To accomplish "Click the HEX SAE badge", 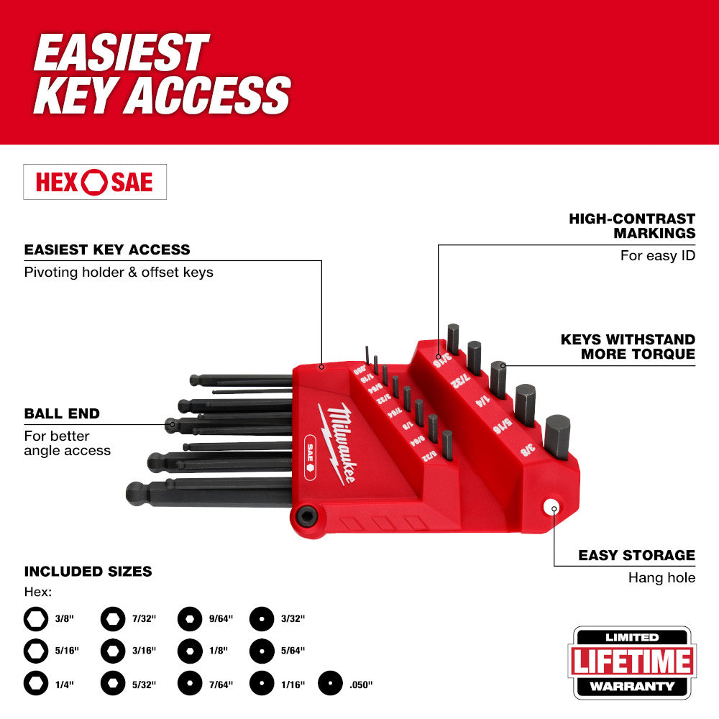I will (x=95, y=182).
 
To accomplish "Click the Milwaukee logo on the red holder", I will (x=342, y=442).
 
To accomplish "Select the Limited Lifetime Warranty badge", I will (x=633, y=662).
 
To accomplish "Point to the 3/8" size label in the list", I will (x=62, y=618).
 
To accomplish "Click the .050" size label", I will (x=362, y=684).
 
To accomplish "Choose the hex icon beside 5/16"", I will (x=35, y=650).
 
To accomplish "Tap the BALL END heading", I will (x=62, y=414).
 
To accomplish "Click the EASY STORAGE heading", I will (x=637, y=555).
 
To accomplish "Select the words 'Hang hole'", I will (x=661, y=577).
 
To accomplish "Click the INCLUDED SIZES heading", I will (x=88, y=572).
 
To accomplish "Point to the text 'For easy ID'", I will (x=658, y=255).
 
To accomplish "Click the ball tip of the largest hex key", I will (x=136, y=493).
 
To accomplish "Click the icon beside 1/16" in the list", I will (x=262, y=683).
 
